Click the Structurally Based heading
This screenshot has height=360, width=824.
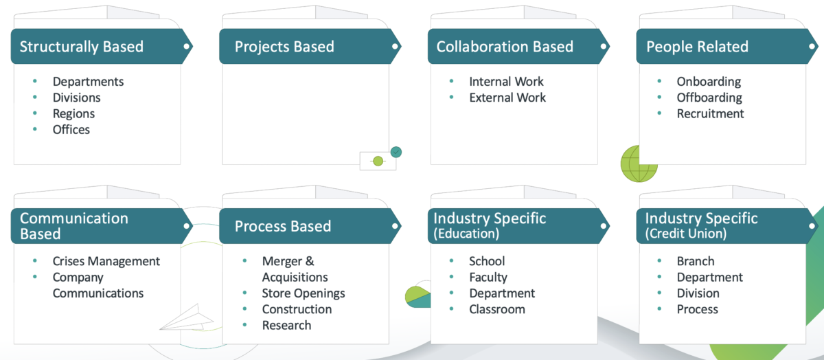point(81,47)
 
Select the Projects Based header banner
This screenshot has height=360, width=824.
point(310,47)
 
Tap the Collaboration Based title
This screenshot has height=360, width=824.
point(505,47)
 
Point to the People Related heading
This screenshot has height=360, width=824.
point(698,47)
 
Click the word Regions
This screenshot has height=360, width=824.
point(73,114)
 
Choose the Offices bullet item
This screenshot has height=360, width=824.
point(71,130)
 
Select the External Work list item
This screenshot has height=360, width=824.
point(507,98)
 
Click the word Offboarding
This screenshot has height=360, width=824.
point(709,98)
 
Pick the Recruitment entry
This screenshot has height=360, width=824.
point(710,114)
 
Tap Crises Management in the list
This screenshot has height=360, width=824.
point(106,261)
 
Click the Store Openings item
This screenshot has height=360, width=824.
point(304,293)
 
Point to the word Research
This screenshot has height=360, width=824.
point(286,326)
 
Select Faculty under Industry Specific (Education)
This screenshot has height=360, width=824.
point(488,277)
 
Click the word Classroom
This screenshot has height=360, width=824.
point(497,309)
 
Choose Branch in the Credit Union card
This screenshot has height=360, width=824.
point(696,261)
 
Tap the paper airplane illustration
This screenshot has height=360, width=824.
point(187,317)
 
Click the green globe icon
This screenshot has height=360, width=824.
point(639,164)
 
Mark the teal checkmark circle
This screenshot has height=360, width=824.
point(396,152)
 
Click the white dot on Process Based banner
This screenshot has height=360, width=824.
point(395,226)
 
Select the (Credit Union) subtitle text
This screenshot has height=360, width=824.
point(686,234)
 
